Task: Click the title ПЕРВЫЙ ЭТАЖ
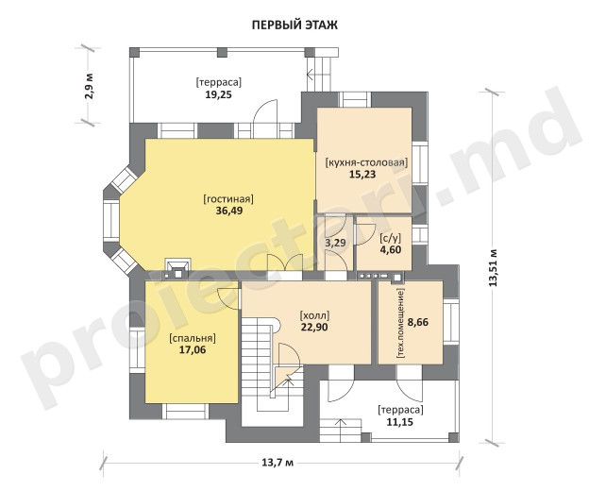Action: coord(295,25)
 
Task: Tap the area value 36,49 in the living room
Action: coord(229,211)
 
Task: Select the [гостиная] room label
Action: coord(228,199)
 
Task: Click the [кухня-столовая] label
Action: coord(367,162)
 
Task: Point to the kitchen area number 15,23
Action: coord(362,175)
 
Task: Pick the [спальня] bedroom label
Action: coord(193,338)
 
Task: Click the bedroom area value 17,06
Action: coord(193,350)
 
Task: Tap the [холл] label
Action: coord(314,315)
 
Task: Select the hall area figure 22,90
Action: coord(314,328)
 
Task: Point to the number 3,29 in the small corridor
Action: coord(335,244)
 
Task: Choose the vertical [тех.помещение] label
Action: coord(401,323)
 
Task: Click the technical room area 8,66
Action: coord(418,322)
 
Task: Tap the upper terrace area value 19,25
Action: coord(218,94)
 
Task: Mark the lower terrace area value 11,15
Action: coord(400,422)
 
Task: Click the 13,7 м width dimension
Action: coord(278,462)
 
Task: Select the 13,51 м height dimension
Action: coord(493,268)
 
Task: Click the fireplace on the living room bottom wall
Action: coord(178,267)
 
